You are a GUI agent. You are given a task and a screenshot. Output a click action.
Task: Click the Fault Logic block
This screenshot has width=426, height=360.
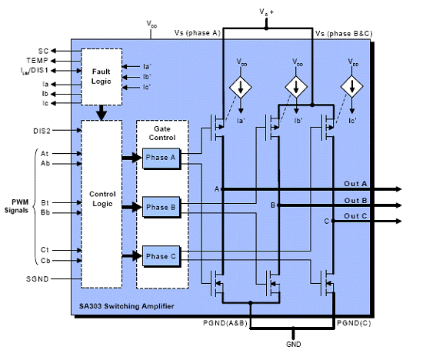click(102, 77)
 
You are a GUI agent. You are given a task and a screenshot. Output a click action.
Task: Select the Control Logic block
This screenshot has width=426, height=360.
click(102, 204)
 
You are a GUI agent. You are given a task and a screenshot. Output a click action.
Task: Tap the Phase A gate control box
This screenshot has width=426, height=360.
click(161, 158)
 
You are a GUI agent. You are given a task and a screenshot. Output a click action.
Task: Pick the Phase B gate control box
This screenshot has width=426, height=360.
click(161, 207)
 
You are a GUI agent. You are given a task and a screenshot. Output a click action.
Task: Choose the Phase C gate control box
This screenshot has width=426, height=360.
click(161, 256)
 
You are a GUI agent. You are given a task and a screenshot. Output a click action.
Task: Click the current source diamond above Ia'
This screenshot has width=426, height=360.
click(241, 87)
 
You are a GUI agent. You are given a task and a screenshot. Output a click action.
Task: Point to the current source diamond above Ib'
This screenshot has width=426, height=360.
click(296, 87)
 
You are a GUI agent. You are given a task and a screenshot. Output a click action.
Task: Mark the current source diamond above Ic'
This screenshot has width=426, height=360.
click(352, 87)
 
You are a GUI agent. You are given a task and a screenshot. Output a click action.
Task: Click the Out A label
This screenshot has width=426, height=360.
click(355, 184)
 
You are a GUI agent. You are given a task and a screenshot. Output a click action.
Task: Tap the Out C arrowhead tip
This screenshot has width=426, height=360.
click(401, 222)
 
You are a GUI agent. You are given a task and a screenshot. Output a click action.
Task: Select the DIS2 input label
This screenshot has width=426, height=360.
click(42, 131)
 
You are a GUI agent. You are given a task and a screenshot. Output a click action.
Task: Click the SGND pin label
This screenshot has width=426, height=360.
click(37, 279)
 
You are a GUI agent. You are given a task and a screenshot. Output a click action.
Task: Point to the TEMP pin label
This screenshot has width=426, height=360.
click(37, 60)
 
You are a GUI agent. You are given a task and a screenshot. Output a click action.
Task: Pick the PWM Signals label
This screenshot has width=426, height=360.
click(17, 206)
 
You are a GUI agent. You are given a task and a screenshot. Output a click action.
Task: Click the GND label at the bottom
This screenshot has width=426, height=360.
click(294, 345)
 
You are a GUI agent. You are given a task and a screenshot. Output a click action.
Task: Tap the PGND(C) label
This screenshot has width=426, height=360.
click(354, 323)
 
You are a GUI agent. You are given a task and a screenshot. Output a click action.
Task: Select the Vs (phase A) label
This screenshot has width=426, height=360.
click(198, 33)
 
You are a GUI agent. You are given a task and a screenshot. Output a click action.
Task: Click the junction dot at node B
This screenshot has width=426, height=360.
click(278, 205)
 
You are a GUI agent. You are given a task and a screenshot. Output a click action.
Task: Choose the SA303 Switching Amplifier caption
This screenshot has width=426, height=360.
click(127, 306)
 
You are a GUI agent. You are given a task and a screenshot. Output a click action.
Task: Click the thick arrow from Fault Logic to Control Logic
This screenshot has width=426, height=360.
click(102, 113)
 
